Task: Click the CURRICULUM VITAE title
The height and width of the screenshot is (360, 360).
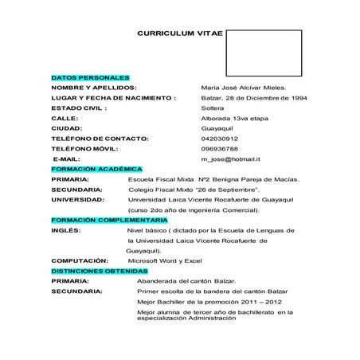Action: click(x=180, y=35)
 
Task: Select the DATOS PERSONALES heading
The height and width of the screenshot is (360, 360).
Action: click(x=84, y=76)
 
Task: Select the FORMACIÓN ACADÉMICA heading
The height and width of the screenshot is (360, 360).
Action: click(x=96, y=169)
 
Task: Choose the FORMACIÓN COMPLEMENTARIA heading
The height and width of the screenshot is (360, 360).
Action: click(x=109, y=219)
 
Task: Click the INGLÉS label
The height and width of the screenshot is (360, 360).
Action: click(x=65, y=229)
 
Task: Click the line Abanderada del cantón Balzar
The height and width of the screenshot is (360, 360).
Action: click(x=186, y=281)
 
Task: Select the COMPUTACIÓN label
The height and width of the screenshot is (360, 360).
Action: click(x=79, y=260)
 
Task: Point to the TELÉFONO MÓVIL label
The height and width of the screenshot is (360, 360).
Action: click(x=84, y=148)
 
